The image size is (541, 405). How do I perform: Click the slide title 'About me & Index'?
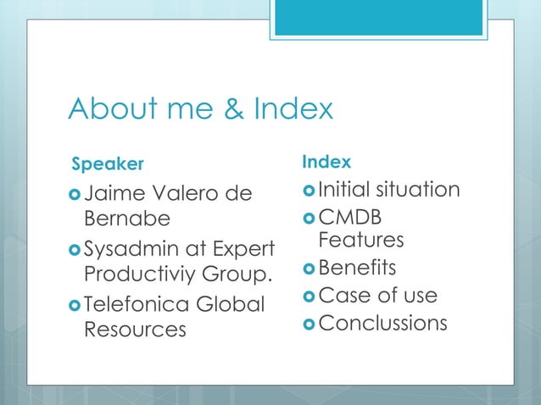click(200, 108)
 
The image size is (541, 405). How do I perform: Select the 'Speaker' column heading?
click(107, 162)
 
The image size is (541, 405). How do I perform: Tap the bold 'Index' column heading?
click(326, 161)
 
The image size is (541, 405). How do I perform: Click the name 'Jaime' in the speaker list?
click(113, 194)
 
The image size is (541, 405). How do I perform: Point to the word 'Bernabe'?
click(126, 219)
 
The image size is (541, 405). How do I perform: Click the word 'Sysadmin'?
click(129, 251)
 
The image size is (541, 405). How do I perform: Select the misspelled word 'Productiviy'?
click(139, 276)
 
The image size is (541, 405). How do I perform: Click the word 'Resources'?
click(135, 329)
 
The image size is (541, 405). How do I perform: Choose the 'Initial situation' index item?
click(389, 189)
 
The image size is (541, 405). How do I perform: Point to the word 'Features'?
click(361, 241)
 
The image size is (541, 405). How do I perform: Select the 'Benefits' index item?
click(357, 268)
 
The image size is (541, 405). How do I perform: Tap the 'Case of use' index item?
click(377, 295)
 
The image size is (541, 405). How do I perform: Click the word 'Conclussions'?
click(382, 323)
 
